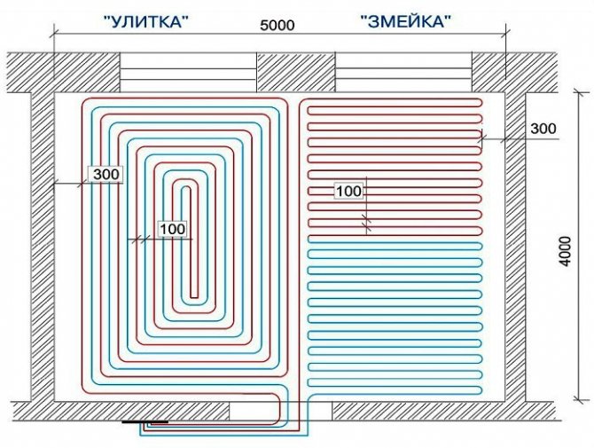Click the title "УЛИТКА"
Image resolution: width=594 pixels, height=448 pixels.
pyautogui.click(x=146, y=21)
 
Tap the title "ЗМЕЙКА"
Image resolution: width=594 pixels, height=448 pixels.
pyautogui.click(x=406, y=21)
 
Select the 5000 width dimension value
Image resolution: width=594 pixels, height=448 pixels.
pyautogui.click(x=277, y=25)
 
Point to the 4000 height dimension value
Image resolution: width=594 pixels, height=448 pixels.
pyautogui.click(x=565, y=251)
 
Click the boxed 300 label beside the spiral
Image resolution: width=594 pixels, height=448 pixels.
pyautogui.click(x=106, y=175)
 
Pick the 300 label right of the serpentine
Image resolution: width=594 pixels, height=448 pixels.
pyautogui.click(x=543, y=129)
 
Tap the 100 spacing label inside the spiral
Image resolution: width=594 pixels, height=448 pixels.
pyautogui.click(x=173, y=229)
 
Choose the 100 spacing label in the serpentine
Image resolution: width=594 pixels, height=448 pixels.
pyautogui.click(x=349, y=191)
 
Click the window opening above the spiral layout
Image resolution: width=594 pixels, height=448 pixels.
pyautogui.click(x=188, y=72)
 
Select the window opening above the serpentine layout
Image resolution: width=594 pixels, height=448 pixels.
pyautogui.click(x=403, y=72)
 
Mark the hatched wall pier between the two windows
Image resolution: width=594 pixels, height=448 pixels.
pyautogui.click(x=296, y=72)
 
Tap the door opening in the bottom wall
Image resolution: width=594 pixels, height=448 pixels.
pyautogui.click(x=280, y=411)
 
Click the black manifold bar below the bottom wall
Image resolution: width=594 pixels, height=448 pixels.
pyautogui.click(x=145, y=421)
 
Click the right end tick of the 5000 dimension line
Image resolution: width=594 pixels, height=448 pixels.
pyautogui.click(x=505, y=34)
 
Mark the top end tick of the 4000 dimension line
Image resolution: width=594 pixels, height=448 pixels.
pyautogui.click(x=577, y=92)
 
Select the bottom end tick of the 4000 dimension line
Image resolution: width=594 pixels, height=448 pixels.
pyautogui.click(x=577, y=398)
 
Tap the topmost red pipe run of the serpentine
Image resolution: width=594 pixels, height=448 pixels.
pyautogui.click(x=391, y=99)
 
